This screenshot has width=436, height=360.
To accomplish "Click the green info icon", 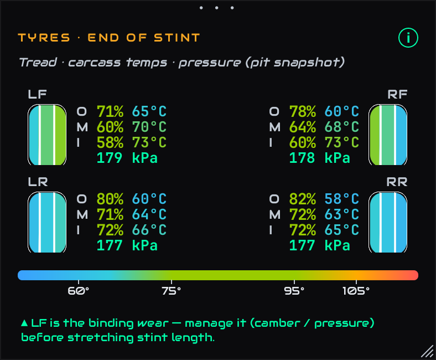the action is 408,38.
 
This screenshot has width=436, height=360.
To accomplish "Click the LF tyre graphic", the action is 47,135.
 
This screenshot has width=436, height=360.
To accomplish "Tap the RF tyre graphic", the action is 388,135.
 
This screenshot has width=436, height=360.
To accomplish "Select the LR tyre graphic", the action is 47,222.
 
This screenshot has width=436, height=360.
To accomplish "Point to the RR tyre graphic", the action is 388,222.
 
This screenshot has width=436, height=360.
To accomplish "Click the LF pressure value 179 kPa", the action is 127,158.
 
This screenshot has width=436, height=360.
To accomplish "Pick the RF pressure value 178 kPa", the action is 320,158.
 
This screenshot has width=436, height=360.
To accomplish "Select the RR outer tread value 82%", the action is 303,199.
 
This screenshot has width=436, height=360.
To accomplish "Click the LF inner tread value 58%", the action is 110,142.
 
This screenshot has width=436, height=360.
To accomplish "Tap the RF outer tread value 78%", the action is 303,111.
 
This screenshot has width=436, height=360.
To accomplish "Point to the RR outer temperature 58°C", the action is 342,199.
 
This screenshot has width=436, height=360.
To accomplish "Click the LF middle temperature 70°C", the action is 149,127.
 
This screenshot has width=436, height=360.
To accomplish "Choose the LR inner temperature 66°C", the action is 149,230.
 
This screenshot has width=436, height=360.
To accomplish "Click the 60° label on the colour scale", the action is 79,291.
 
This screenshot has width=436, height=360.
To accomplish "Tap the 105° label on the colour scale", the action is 356,291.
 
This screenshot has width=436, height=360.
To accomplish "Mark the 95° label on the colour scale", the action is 294,291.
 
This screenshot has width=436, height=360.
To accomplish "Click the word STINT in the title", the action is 177,38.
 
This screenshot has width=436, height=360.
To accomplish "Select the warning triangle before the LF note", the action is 24,323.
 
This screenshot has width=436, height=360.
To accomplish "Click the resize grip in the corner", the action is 427,351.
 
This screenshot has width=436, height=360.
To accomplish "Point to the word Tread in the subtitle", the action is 38,62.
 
